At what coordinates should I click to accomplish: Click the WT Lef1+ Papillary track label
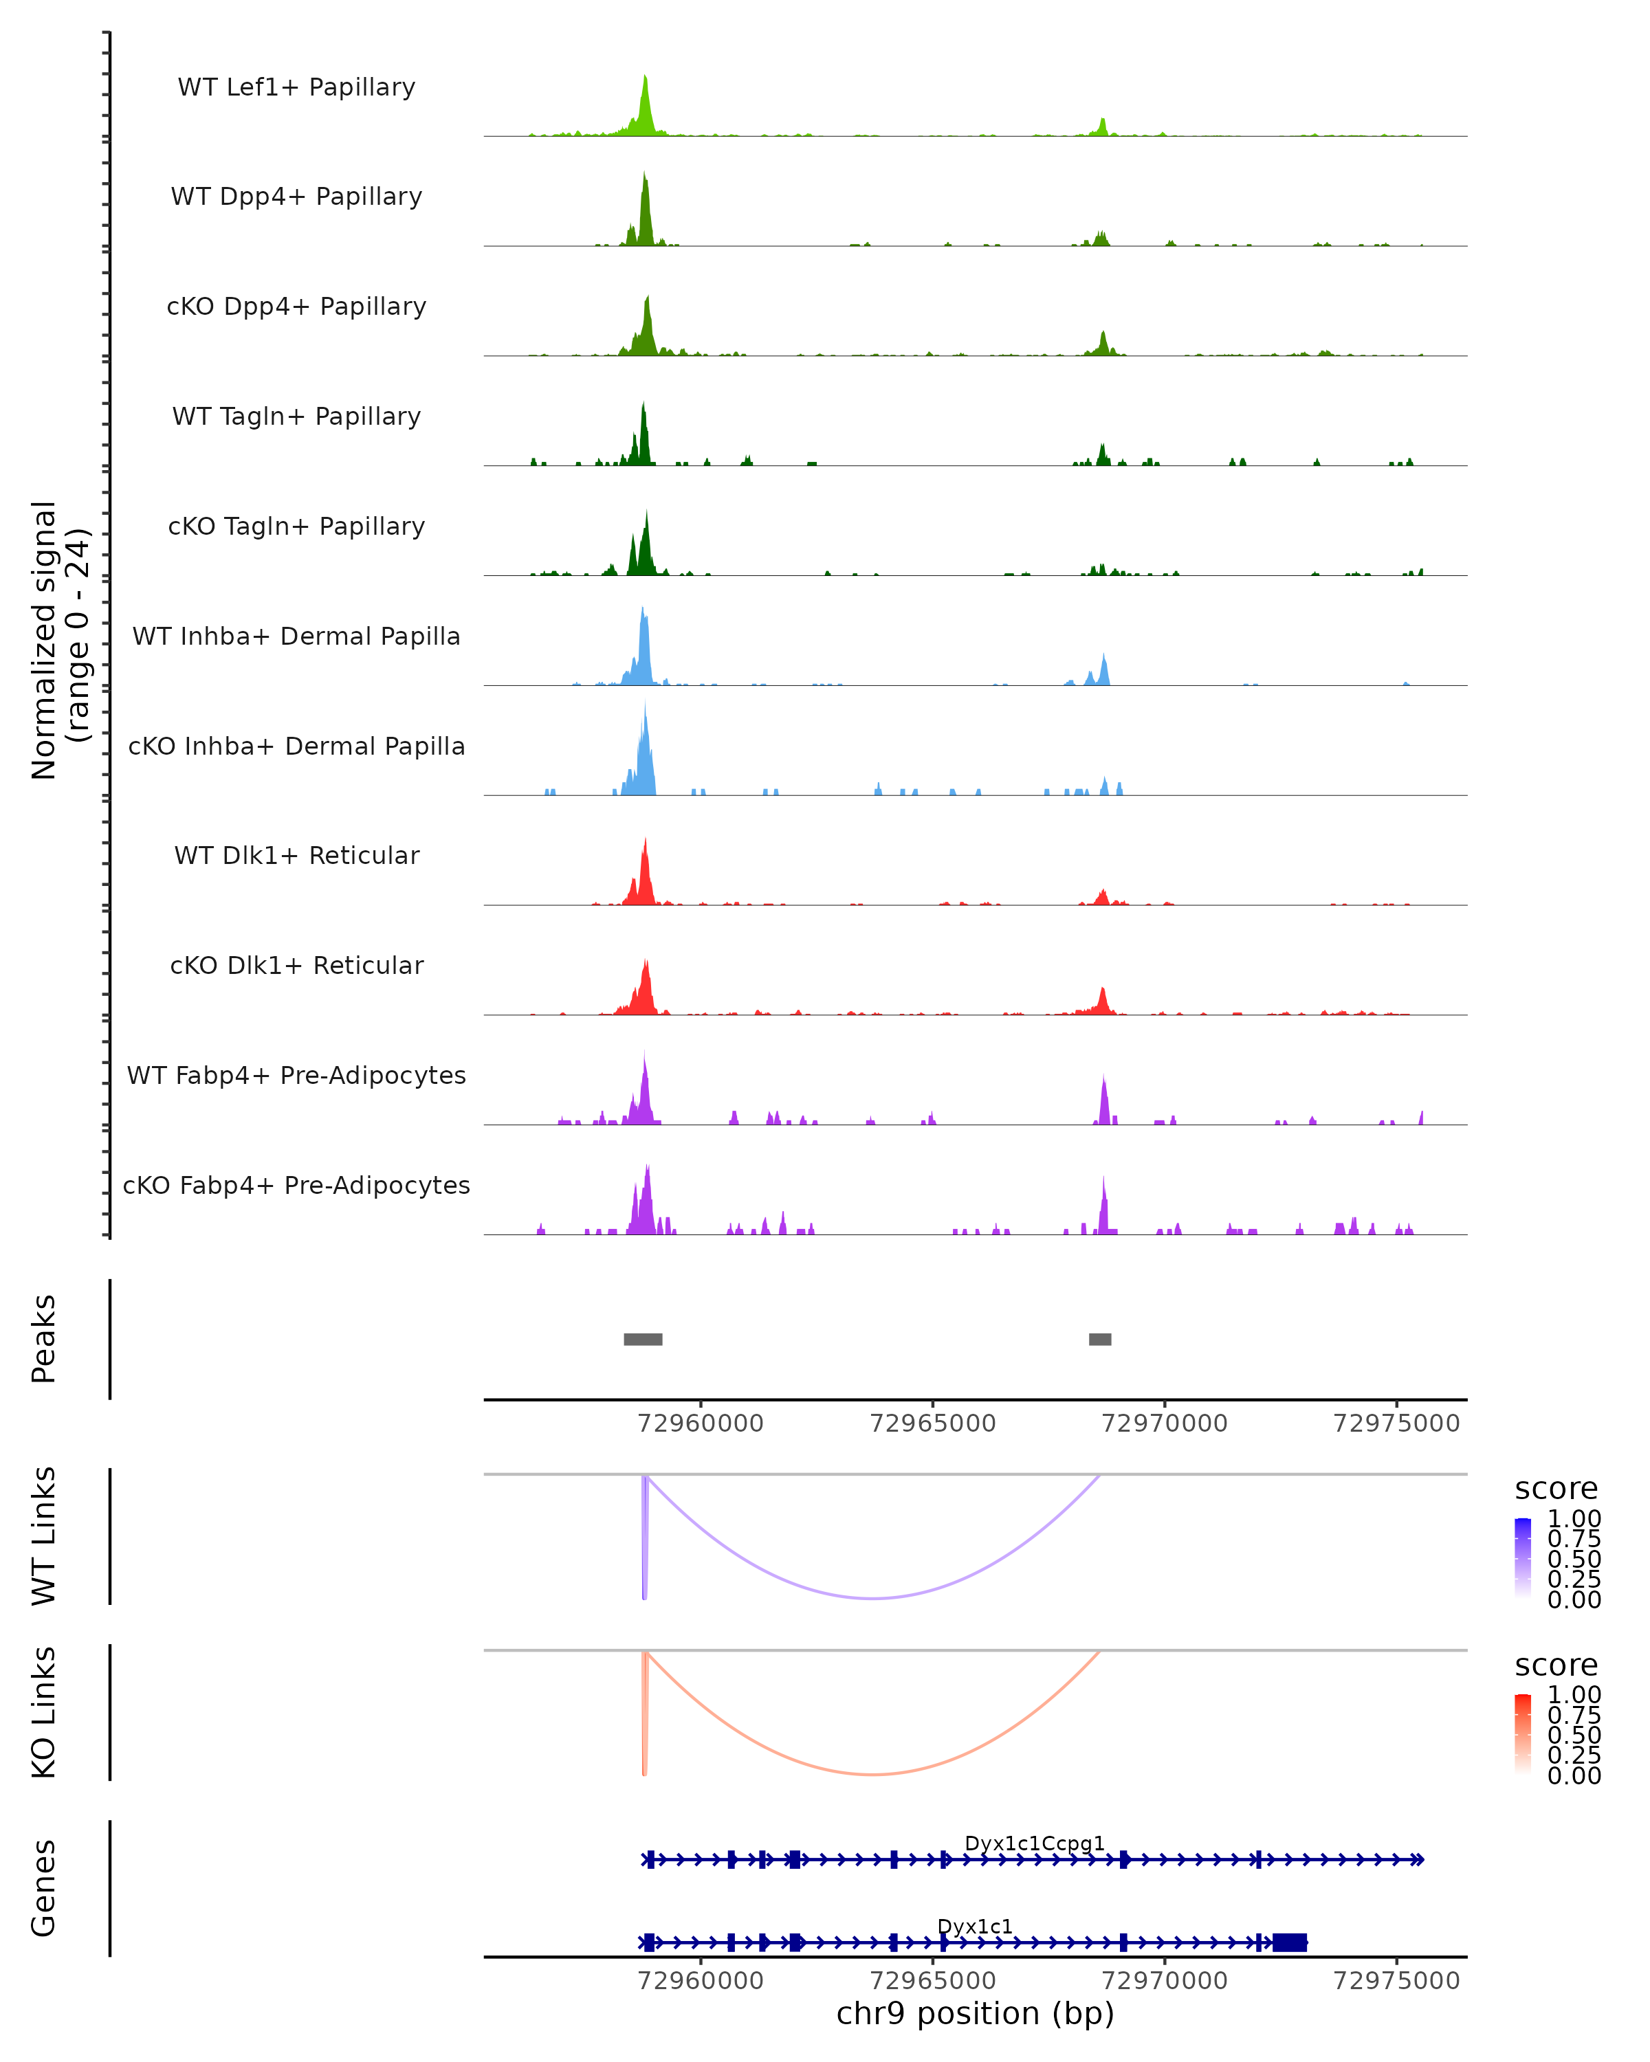(296, 87)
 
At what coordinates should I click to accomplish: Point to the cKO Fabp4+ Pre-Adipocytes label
(296, 1185)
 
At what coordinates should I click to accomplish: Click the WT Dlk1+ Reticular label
(296, 855)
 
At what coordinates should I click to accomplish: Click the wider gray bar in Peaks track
(643, 1339)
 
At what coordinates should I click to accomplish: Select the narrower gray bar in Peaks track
(1100, 1339)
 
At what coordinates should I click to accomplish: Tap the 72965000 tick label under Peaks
(933, 1423)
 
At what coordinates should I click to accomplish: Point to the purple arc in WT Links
(872, 1598)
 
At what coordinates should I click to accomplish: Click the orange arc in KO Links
(872, 1774)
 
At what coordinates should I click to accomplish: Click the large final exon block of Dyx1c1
(1289, 1942)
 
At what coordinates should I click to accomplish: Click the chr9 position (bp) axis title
(975, 2013)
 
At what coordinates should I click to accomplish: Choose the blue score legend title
(1555, 1489)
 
